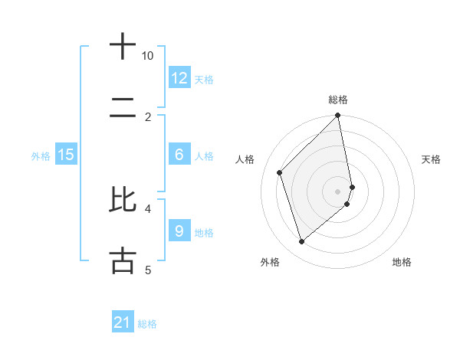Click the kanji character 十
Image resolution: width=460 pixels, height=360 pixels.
tap(123, 47)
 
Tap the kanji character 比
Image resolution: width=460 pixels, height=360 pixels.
tap(123, 199)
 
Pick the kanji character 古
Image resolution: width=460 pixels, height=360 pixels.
tap(123, 260)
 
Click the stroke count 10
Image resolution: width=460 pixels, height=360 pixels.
tap(148, 56)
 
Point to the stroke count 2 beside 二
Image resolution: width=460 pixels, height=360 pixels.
tap(149, 116)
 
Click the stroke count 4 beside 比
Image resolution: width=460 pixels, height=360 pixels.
tap(149, 208)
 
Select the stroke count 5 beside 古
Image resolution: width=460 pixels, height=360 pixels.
tap(148, 270)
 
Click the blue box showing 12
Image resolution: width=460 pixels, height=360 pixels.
tap(179, 78)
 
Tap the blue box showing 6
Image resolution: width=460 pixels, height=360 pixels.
tap(179, 155)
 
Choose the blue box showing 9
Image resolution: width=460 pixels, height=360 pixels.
tap(179, 231)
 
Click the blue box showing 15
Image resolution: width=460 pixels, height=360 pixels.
tap(66, 155)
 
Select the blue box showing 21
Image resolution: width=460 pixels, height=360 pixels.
tap(123, 322)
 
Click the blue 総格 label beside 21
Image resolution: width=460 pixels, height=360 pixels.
tap(147, 324)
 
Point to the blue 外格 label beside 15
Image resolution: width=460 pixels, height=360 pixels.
tap(41, 156)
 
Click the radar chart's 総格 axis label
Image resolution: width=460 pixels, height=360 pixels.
tap(338, 100)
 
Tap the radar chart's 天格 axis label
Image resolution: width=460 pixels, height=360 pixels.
tap(431, 159)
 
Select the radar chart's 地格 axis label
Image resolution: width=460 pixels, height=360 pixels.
tap(402, 262)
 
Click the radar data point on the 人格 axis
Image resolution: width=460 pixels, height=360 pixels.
tap(280, 172)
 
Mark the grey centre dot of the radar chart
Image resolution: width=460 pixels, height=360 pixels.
tap(338, 191)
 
